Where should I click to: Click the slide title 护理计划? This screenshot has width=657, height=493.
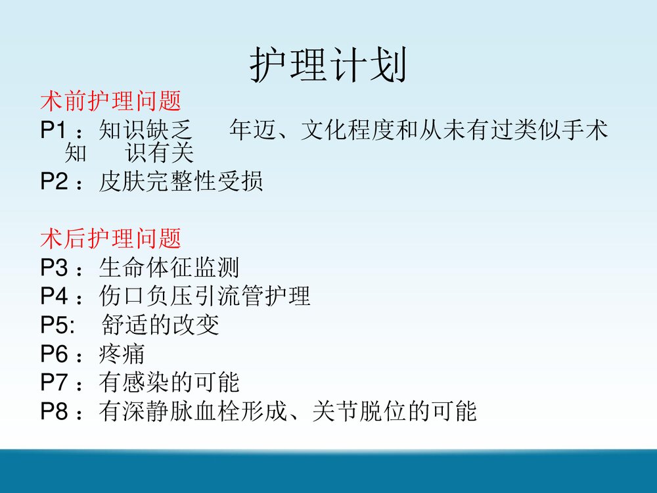coord(328,66)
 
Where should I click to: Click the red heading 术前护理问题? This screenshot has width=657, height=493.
coord(110,102)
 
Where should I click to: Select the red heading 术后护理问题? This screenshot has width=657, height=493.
coord(110,238)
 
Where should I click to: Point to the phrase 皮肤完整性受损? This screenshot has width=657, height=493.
coord(181,181)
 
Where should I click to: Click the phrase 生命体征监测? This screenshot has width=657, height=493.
coord(170,268)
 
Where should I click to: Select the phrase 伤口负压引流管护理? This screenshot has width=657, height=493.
coord(205,296)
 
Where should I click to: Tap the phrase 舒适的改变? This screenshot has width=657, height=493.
coord(161,325)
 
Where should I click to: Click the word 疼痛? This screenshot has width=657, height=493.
coord(122,354)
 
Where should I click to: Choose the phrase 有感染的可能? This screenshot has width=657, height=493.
coord(170,383)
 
